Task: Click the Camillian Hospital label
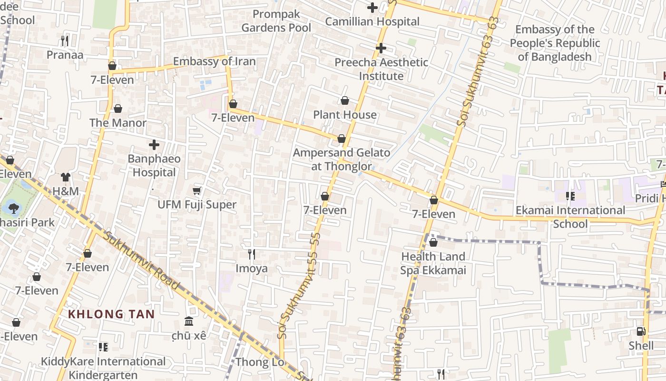click(372, 21)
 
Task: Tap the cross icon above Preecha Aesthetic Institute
click(381, 48)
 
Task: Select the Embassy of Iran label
click(214, 61)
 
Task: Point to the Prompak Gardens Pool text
click(276, 21)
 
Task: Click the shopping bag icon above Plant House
click(345, 100)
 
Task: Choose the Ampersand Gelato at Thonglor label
click(341, 160)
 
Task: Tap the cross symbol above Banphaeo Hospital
click(154, 145)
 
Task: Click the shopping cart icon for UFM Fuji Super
click(197, 191)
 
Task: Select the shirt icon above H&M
click(65, 177)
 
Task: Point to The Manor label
click(118, 123)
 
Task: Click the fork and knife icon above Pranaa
click(65, 41)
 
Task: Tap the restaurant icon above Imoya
click(252, 254)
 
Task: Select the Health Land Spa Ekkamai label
click(433, 263)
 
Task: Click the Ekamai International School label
click(570, 217)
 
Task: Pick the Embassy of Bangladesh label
click(555, 43)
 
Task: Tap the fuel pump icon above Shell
click(641, 331)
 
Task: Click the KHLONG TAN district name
click(111, 314)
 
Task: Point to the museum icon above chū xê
click(189, 321)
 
